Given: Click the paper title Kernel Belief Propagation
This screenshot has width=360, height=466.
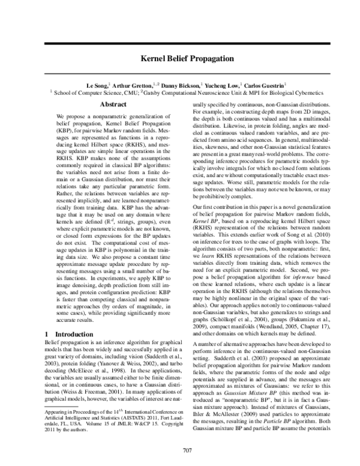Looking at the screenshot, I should click(x=180, y=60).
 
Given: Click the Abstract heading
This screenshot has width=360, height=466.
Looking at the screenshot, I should click(x=112, y=104).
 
